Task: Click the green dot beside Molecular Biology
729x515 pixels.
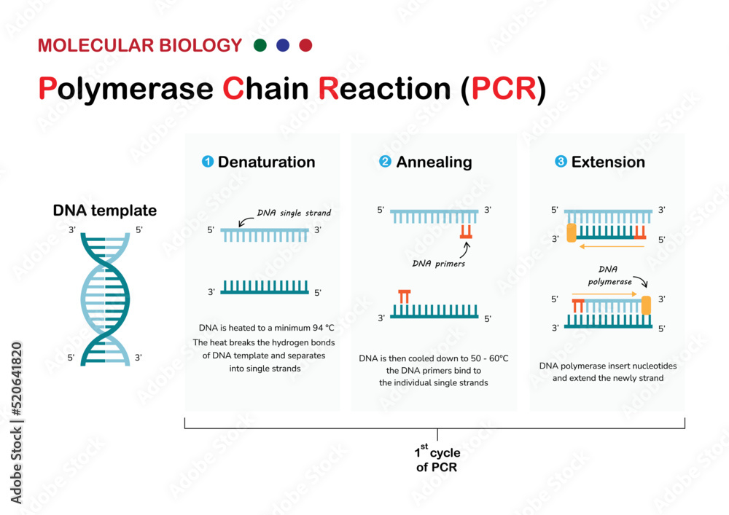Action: click(260, 45)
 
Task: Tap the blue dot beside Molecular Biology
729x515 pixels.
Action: click(283, 45)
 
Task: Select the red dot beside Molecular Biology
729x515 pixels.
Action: click(305, 45)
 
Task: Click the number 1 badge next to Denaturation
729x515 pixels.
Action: click(207, 162)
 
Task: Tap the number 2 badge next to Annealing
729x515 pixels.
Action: click(385, 162)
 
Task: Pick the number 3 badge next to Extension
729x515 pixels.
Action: click(561, 162)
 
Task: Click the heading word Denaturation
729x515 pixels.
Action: click(266, 162)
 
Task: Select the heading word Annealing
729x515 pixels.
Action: click(434, 162)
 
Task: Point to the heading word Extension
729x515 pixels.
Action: click(608, 162)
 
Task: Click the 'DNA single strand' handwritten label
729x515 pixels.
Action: click(294, 213)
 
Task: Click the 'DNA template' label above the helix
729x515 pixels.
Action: click(104, 211)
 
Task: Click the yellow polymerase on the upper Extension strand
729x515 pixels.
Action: click(570, 232)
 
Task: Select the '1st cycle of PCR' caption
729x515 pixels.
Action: click(437, 460)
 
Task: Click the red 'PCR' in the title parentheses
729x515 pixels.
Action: click(504, 89)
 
